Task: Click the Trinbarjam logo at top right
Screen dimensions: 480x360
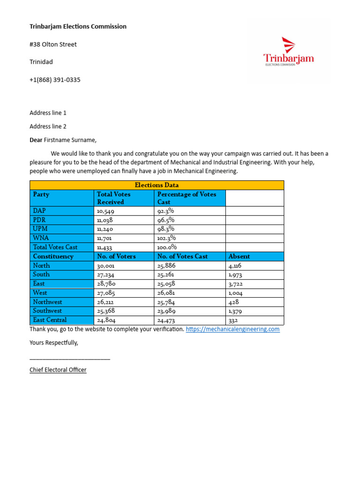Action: tap(288, 52)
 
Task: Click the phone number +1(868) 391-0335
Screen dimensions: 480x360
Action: tap(55, 80)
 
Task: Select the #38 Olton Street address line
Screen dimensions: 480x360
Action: tap(53, 45)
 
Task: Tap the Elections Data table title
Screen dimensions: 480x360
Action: tap(157, 185)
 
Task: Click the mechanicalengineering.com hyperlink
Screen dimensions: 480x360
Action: tap(232, 329)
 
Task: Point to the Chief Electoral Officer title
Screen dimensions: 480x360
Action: tap(58, 370)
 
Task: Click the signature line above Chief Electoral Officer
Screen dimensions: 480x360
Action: tap(70, 358)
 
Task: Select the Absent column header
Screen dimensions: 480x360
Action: tap(239, 256)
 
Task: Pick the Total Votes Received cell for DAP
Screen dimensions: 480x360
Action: tap(105, 211)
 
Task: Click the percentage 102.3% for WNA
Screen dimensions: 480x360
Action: tap(166, 238)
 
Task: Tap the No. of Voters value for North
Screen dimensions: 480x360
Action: tap(106, 266)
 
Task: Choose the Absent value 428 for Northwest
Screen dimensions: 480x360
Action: tap(233, 302)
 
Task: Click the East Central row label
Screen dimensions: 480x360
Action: tap(50, 320)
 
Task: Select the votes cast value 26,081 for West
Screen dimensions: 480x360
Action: tap(168, 293)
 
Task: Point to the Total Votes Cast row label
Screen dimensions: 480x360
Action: tap(55, 247)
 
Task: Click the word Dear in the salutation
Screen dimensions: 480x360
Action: tap(36, 140)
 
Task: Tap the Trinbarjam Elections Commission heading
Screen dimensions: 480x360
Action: tap(78, 26)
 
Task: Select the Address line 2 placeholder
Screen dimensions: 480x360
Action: tap(48, 127)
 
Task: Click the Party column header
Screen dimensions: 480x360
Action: tap(41, 194)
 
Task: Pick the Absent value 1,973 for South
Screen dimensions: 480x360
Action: tap(235, 275)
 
